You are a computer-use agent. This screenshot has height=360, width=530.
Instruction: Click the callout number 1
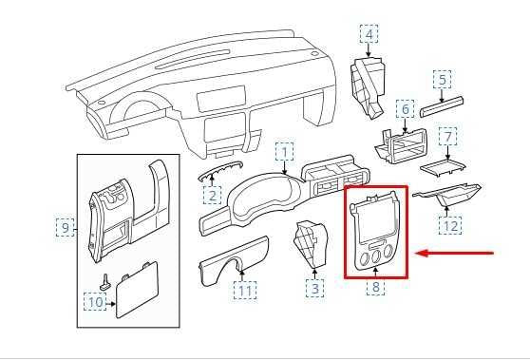point(284,151)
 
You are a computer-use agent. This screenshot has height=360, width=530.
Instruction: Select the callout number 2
point(213,195)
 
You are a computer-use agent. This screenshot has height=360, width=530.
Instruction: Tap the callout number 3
point(314,286)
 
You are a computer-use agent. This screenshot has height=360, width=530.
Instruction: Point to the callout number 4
point(368,35)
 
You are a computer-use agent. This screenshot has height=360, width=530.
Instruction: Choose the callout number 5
point(443,79)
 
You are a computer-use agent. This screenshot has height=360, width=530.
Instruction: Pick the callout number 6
point(405,109)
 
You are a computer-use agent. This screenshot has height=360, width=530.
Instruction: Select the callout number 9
point(64,227)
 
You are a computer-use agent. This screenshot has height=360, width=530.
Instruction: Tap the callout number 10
point(94,301)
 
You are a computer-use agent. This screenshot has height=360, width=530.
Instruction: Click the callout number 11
point(246,289)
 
